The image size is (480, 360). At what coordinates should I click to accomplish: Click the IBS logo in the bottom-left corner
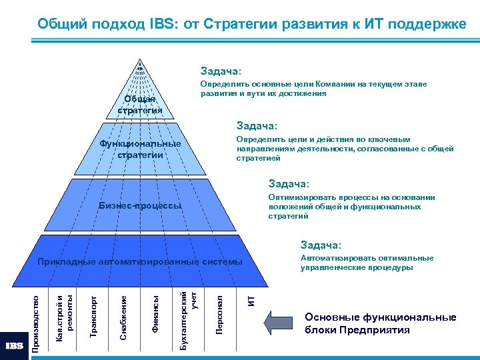(x=14, y=346)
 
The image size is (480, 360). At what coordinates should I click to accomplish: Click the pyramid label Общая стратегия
(x=141, y=105)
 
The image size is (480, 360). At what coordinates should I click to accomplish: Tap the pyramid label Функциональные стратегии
(x=139, y=149)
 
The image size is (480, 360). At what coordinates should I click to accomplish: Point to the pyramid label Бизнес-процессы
(x=139, y=205)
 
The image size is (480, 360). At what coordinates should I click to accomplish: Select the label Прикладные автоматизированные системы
(x=140, y=261)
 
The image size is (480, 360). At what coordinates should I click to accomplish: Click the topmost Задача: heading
(x=221, y=71)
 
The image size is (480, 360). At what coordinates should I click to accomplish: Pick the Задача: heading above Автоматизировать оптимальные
(x=321, y=245)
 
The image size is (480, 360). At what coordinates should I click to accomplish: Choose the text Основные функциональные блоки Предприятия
(x=380, y=323)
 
